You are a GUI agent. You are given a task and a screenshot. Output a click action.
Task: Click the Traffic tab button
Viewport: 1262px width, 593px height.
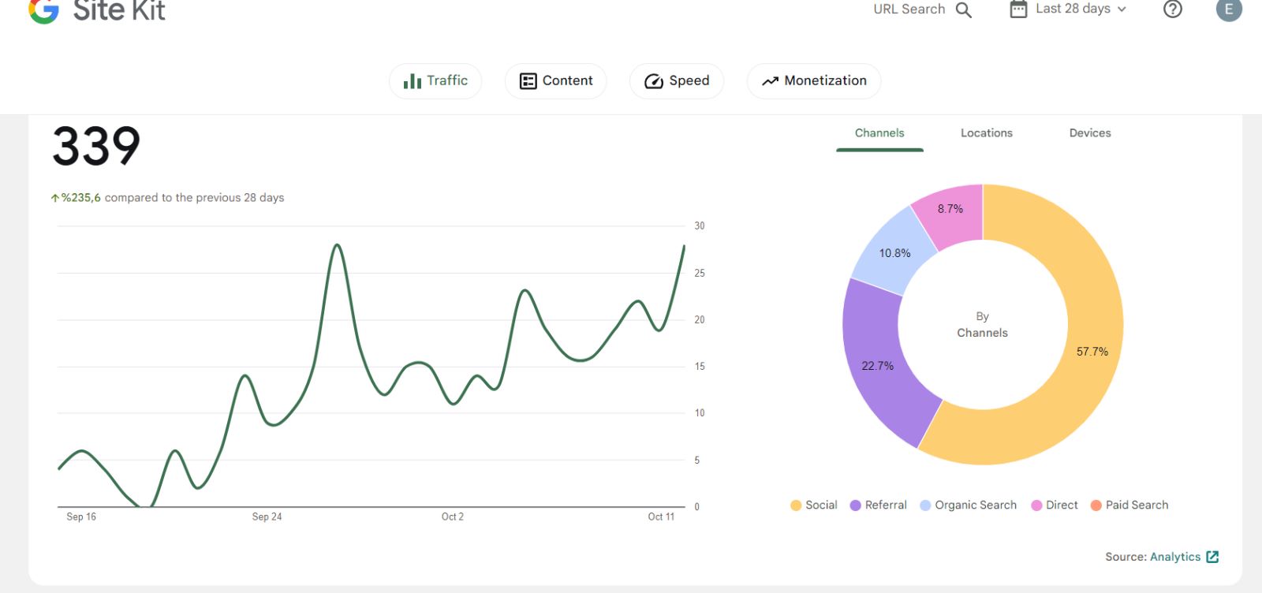435,81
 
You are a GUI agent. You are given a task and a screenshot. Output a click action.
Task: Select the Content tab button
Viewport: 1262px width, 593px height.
555,81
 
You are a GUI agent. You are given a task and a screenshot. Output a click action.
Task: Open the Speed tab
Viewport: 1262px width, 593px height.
677,81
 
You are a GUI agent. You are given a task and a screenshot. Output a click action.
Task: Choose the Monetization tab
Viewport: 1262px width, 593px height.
814,81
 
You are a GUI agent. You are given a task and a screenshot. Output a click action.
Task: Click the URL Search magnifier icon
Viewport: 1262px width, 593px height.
963,10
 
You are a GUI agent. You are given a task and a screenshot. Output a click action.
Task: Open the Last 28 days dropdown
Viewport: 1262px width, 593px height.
1068,9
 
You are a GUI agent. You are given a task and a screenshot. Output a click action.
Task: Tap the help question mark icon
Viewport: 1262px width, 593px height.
1172,9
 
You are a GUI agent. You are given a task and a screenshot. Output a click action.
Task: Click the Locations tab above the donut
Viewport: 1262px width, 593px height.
987,133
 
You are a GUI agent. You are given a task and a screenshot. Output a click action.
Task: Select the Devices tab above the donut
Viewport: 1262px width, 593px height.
1090,133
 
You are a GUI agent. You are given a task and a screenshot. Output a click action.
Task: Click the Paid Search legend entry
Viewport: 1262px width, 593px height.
1129,505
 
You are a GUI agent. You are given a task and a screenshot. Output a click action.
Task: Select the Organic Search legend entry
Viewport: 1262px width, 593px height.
969,505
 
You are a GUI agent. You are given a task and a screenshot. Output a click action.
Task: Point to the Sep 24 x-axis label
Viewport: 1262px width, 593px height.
267,517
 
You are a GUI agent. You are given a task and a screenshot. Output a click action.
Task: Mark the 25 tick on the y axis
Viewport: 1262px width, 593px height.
700,273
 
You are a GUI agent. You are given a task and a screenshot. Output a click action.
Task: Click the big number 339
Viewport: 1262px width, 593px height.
95,146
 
